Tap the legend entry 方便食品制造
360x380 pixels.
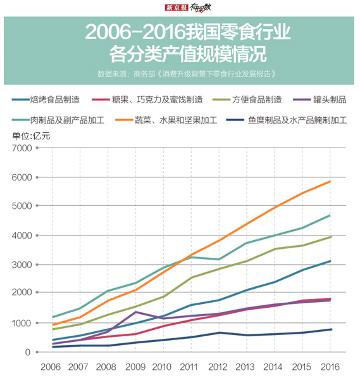(x=256, y=99)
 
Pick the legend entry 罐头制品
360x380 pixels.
(x=329, y=99)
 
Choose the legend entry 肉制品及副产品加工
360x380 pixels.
(x=66, y=118)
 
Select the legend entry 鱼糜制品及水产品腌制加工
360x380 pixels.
(x=297, y=118)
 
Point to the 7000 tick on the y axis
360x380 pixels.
(x=20, y=148)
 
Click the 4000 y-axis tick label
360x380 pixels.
(x=20, y=236)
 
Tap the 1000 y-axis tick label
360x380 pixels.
(x=20, y=323)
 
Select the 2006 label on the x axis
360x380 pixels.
(x=51, y=367)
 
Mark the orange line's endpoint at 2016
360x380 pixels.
(x=330, y=182)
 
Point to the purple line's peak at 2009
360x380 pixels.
(x=135, y=312)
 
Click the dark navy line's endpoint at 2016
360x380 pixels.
(x=330, y=329)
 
